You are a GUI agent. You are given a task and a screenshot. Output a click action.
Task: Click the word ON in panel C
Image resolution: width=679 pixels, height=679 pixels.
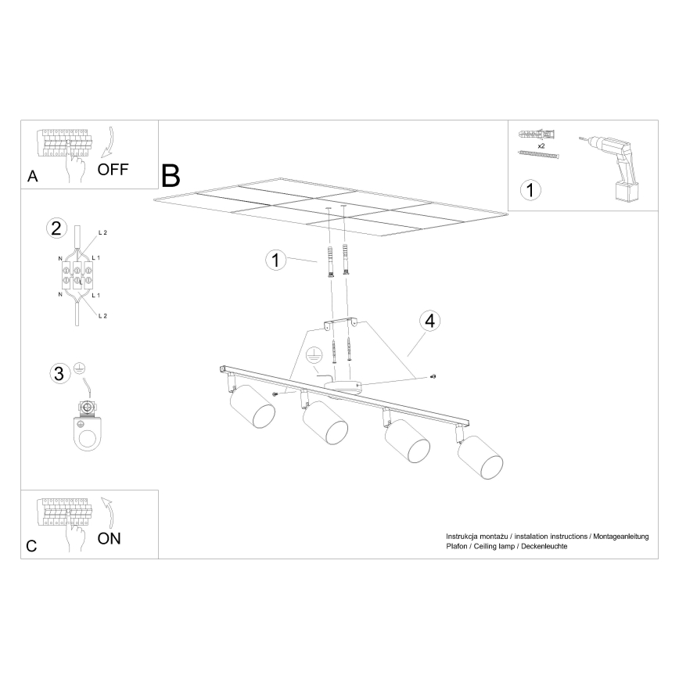pyautogui.click(x=109, y=538)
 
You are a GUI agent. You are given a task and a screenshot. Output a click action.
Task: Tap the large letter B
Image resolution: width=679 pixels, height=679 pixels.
pyautogui.click(x=171, y=176)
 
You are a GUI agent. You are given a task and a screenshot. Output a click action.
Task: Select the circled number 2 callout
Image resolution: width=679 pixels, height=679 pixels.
pyautogui.click(x=56, y=228)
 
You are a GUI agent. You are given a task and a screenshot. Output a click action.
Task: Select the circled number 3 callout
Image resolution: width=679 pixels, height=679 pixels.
pyautogui.click(x=58, y=373)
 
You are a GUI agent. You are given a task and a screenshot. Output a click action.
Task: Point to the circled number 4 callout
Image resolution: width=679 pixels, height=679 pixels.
pyautogui.click(x=428, y=320)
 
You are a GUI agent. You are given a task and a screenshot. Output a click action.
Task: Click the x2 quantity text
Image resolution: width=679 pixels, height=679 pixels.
pyautogui.click(x=541, y=145)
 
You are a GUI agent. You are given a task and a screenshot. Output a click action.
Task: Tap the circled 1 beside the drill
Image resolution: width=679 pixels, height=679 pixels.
pyautogui.click(x=530, y=189)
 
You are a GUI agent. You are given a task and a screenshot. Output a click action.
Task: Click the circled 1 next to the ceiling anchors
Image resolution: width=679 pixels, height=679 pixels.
pyautogui.click(x=273, y=260)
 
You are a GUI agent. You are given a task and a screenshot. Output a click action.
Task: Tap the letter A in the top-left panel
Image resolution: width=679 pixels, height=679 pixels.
pyautogui.click(x=32, y=177)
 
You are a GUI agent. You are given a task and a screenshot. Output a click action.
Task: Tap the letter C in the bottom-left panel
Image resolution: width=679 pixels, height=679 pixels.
pyautogui.click(x=31, y=547)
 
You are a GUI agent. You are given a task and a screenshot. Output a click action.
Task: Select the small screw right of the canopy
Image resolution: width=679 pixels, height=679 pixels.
pyautogui.click(x=433, y=378)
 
